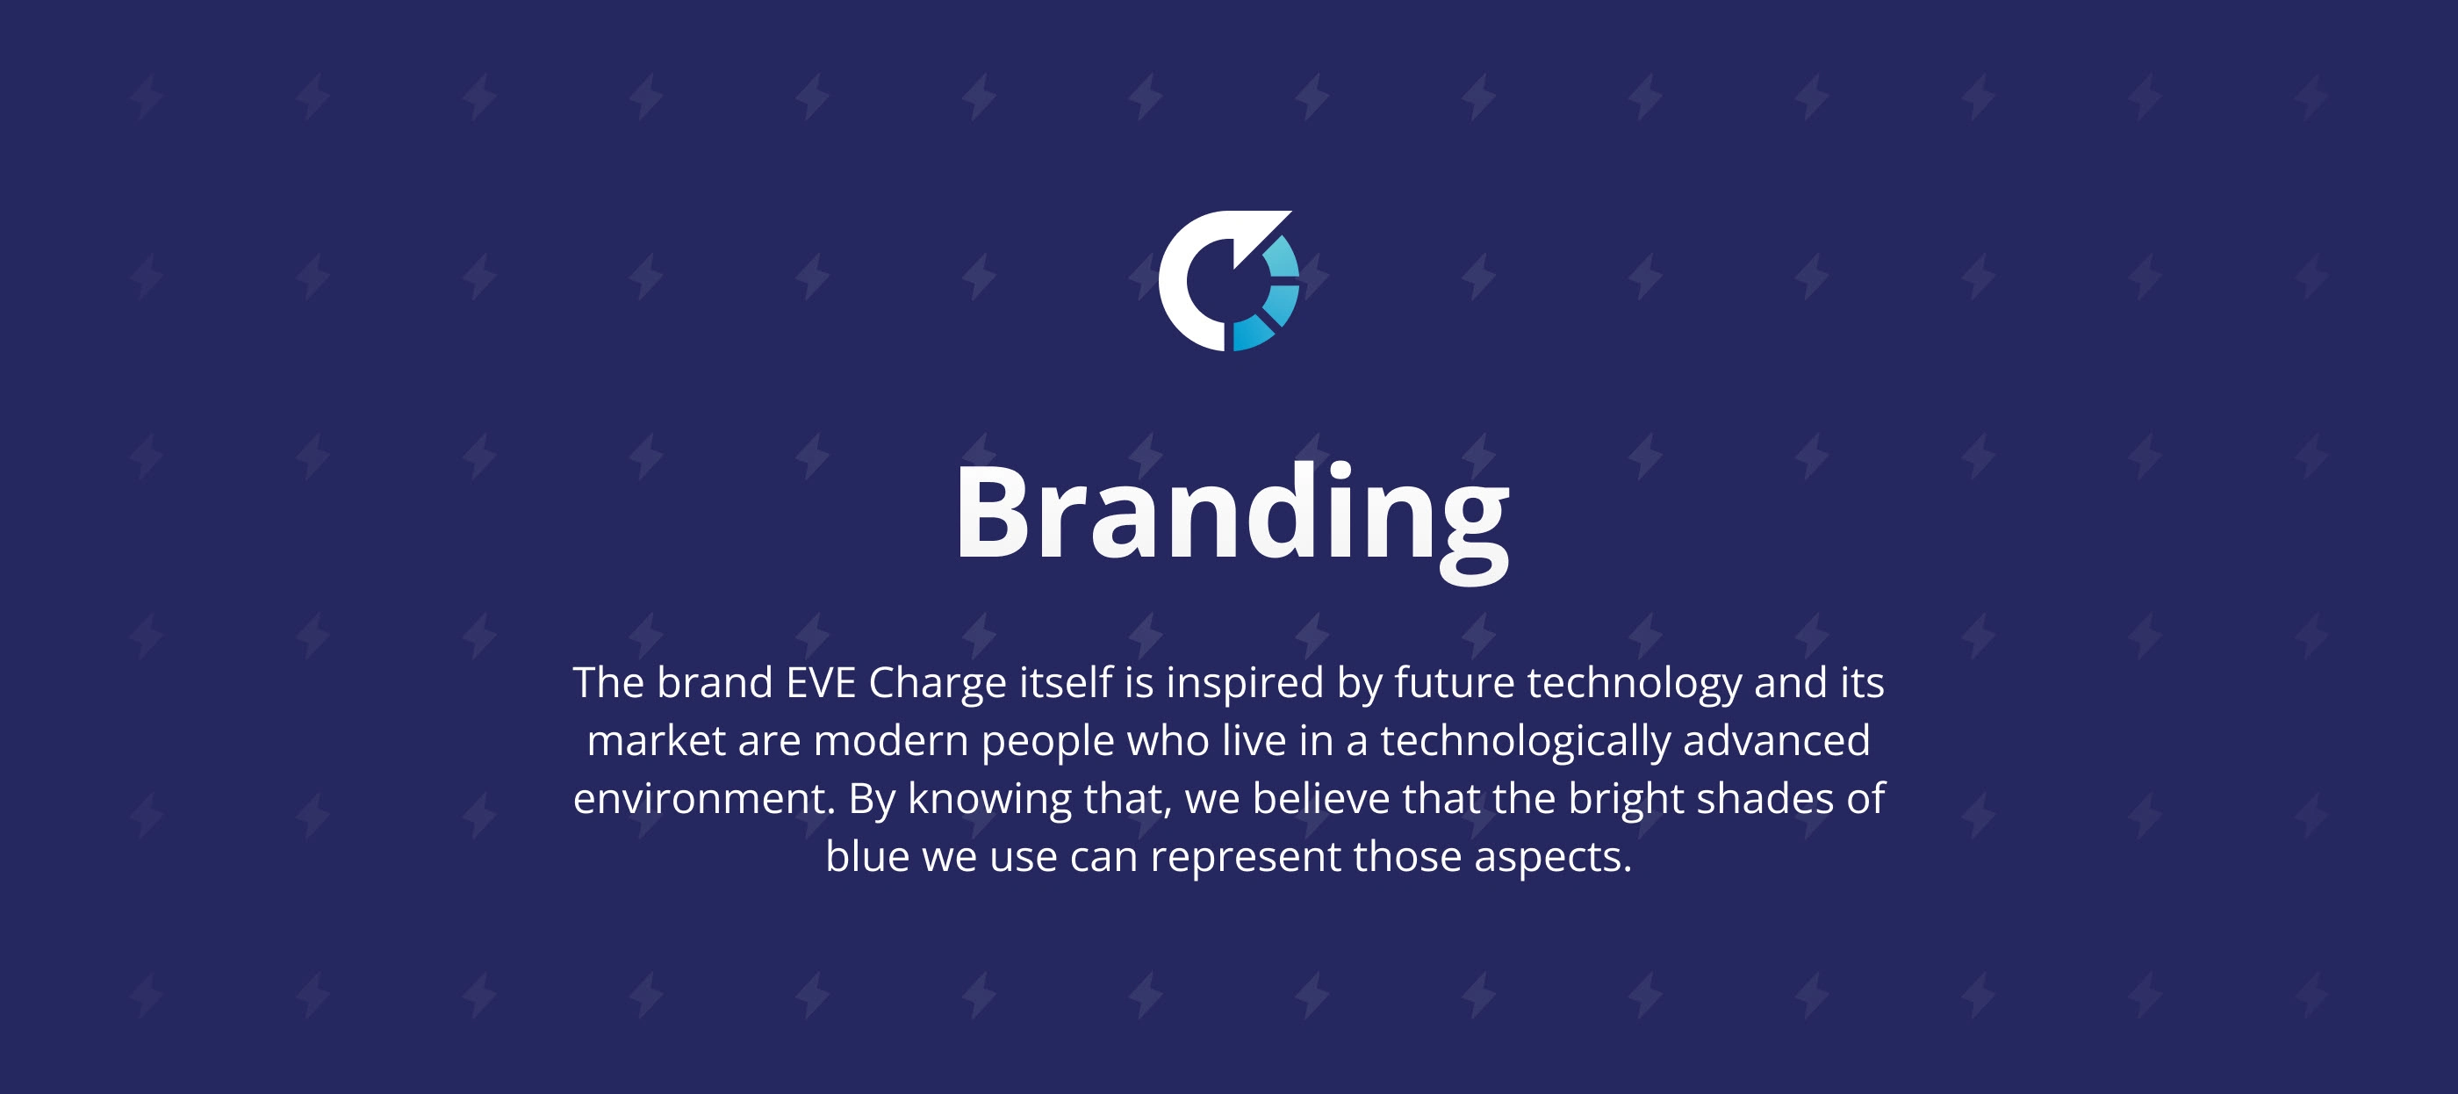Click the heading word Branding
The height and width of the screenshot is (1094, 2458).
point(1232,521)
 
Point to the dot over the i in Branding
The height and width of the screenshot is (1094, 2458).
point(1340,471)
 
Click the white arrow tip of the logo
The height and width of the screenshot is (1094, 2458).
point(1279,219)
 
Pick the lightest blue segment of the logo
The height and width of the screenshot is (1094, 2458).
point(1281,256)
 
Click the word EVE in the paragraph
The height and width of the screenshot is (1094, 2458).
point(820,682)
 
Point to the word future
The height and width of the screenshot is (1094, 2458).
point(1455,682)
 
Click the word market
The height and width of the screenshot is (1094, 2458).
point(656,741)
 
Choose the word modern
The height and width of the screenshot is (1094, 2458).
point(890,741)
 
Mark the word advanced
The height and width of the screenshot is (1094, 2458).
point(1776,741)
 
